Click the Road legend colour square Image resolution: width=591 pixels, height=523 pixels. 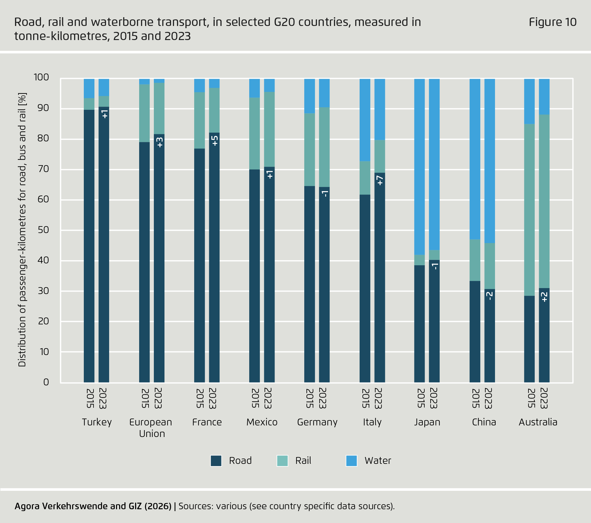click(x=216, y=461)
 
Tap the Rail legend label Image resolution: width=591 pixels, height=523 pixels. click(x=303, y=461)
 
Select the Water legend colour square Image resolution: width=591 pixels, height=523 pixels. click(x=351, y=461)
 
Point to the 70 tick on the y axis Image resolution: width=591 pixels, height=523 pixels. click(x=43, y=169)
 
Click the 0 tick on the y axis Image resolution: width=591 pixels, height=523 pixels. click(x=46, y=382)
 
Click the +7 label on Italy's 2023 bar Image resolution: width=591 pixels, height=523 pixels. click(x=380, y=180)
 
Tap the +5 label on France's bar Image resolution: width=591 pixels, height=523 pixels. click(x=215, y=141)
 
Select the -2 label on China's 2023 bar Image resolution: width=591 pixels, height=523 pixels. click(x=489, y=296)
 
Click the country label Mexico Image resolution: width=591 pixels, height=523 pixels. click(x=262, y=422)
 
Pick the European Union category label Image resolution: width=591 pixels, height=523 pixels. click(x=151, y=428)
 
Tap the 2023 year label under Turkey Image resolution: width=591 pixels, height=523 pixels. click(x=103, y=398)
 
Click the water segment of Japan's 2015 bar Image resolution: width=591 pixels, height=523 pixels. click(x=419, y=166)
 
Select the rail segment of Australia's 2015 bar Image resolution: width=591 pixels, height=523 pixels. click(x=529, y=210)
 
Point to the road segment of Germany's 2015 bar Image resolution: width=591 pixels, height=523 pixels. click(x=310, y=282)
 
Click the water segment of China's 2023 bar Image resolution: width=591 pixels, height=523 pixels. click(x=489, y=160)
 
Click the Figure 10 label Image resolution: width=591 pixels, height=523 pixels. click(x=552, y=22)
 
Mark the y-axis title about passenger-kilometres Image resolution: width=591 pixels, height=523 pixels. click(x=22, y=230)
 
